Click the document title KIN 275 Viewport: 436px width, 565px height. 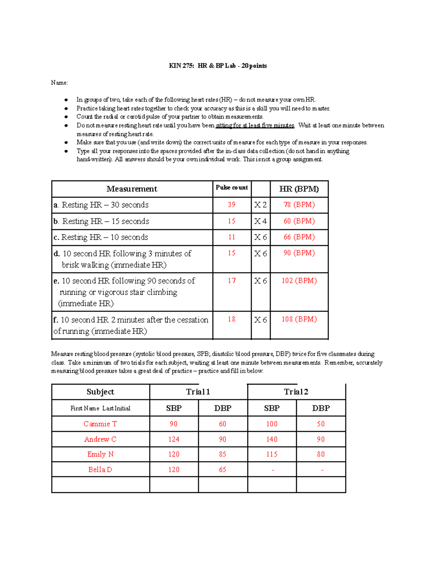tap(218, 66)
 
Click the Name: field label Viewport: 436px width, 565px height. tap(59, 83)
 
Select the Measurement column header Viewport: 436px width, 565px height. tap(132, 189)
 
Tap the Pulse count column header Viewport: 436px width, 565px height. tap(231, 188)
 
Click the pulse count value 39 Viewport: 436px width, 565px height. tap(231, 205)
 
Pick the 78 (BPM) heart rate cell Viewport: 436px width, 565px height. tap(299, 205)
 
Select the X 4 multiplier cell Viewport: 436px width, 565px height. tap(260, 221)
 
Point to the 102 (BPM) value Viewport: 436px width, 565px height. tap(299, 281)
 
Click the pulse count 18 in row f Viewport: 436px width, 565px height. tap(231, 319)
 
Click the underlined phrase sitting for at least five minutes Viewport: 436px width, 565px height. tap(255, 126)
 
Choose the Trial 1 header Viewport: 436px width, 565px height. tap(198, 392)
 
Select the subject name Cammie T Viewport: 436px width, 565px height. tap(100, 424)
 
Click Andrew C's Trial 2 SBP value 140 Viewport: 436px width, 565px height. tap(272, 439)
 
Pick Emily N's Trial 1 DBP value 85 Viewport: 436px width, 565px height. tap(222, 454)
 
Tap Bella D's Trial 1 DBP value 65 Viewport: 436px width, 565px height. tap(222, 470)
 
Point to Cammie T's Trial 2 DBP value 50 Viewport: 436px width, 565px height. tap(320, 424)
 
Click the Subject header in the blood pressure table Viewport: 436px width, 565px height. tap(100, 392)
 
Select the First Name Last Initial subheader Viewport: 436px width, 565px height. tap(100, 408)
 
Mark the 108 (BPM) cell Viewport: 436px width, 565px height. tap(299, 319)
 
